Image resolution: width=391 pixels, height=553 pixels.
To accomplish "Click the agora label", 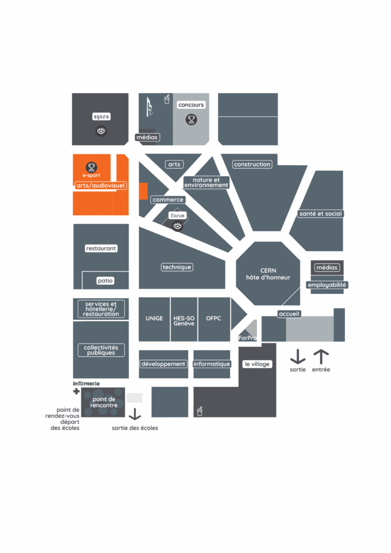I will [x=101, y=117].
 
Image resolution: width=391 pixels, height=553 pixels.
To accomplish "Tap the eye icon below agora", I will [x=101, y=131].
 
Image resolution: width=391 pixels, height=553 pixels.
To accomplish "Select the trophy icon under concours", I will [x=191, y=119].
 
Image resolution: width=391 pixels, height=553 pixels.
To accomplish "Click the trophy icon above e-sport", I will [x=91, y=166].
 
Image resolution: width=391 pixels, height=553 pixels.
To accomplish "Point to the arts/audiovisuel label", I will [x=100, y=185].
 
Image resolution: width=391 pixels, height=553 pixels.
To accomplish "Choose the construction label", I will [x=252, y=164].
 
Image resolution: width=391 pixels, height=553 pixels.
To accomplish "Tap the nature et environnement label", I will [x=206, y=183].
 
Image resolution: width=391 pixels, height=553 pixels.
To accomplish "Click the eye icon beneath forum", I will [x=177, y=226].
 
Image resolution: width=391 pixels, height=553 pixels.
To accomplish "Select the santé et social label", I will [x=321, y=214].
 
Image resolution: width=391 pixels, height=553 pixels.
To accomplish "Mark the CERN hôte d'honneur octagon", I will [x=268, y=274].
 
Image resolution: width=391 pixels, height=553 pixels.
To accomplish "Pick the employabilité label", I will [x=327, y=285].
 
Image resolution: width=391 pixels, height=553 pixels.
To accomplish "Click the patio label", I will [x=105, y=281].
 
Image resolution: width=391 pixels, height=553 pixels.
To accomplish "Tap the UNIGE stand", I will [x=154, y=319].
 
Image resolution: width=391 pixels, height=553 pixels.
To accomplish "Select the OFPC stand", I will [x=214, y=319].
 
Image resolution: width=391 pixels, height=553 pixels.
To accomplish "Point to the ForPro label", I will [x=247, y=338].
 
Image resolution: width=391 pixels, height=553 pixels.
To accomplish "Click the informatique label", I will [x=212, y=364].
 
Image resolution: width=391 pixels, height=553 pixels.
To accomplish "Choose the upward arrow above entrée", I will [x=321, y=357].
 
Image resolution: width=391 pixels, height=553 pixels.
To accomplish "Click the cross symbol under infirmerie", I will [x=76, y=391].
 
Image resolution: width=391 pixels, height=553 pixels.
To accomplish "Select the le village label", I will [x=257, y=364].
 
